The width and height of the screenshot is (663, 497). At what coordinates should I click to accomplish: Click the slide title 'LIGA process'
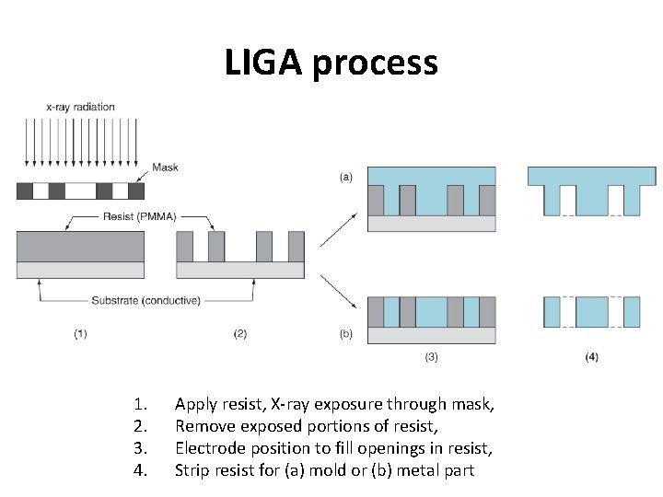(331, 64)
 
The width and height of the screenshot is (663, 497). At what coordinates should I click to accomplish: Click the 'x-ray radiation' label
(80, 107)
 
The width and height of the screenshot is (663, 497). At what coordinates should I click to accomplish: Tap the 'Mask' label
(165, 168)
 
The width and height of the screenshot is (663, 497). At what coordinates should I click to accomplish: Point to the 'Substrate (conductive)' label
(146, 300)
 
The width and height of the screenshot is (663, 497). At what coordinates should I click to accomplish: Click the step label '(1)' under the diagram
(81, 334)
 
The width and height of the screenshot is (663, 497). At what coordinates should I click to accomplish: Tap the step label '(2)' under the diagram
(240, 334)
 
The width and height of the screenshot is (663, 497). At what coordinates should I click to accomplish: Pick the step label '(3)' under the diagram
(431, 356)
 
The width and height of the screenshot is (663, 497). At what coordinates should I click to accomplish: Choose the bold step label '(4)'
(591, 356)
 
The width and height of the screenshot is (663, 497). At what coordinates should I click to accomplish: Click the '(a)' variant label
(345, 175)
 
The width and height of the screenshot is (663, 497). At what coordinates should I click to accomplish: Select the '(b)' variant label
(345, 334)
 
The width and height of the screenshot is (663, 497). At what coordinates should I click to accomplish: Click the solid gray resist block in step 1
(81, 246)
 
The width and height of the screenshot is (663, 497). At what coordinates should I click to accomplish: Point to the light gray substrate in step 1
(81, 270)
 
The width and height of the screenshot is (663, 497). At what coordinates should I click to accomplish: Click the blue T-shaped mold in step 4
(591, 177)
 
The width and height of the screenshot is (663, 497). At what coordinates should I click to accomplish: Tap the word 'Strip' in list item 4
(192, 471)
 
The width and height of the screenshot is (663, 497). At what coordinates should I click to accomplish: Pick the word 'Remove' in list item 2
(204, 426)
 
